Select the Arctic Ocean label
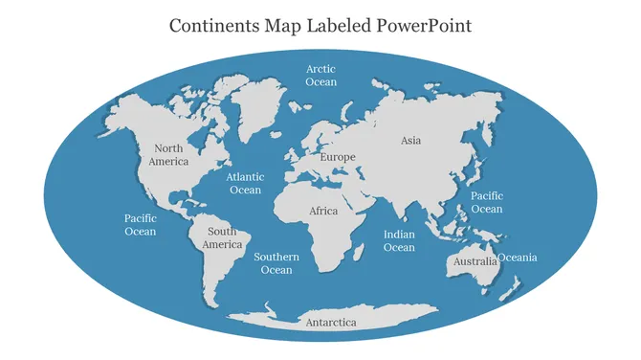tap(321, 76)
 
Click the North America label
tap(168, 155)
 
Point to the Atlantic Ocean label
tap(245, 183)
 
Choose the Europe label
tap(338, 157)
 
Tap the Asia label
tap(410, 141)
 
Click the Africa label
tap(323, 211)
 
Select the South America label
tap(222, 237)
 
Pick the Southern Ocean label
tap(276, 263)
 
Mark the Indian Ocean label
tap(399, 241)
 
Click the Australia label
tap(475, 261)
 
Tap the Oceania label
tap(519, 258)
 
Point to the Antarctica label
tap(330, 323)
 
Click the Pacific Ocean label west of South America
tap(140, 224)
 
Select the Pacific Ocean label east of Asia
tap(486, 202)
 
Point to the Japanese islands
tap(473, 173)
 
